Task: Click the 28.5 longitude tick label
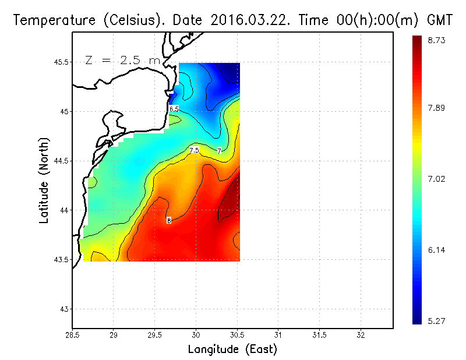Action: tap(73, 335)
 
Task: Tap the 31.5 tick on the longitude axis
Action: tap(319, 335)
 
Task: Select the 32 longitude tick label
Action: tap(361, 335)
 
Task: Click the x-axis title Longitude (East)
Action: tap(232, 350)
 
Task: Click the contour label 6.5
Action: tap(174, 109)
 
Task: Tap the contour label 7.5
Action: tap(194, 150)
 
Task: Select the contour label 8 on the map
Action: tap(169, 220)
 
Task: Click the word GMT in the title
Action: tap(440, 20)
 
